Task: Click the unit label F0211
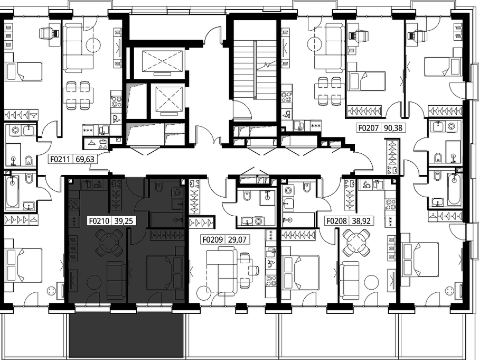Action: [60, 159]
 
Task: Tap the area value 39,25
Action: [124, 221]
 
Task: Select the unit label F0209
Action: [213, 239]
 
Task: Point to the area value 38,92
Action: [361, 221]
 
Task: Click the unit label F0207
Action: [369, 127]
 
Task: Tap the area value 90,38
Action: [393, 127]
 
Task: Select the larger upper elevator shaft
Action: [162, 61]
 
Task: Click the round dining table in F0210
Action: [109, 243]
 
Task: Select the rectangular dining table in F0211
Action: [79, 95]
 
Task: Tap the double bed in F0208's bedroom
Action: [301, 272]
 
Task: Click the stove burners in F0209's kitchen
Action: [271, 281]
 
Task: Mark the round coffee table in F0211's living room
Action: [93, 45]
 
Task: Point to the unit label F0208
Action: [336, 221]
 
